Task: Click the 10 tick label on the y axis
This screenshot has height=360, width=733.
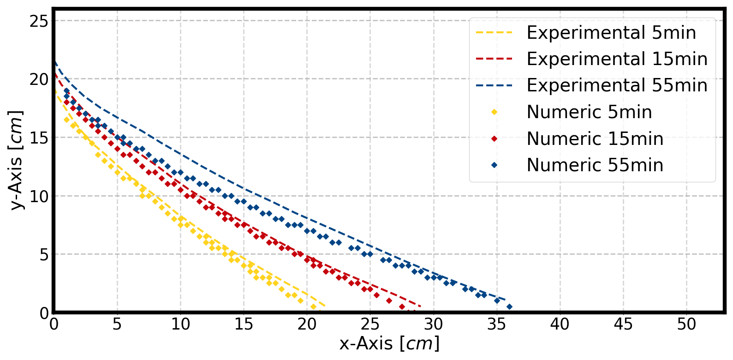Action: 39,196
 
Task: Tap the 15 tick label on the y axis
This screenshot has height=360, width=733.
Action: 39,138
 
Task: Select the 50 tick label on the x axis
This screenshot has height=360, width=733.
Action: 686,324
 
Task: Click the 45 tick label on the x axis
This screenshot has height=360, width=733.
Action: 623,324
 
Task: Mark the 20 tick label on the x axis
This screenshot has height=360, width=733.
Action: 307,324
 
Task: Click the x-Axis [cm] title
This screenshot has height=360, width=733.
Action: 389,344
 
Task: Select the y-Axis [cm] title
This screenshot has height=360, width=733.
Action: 17,160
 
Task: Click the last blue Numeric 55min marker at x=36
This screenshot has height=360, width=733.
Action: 509,307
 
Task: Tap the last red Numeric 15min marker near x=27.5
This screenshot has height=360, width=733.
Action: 402,307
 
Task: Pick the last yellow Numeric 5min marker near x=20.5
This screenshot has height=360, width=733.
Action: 313,307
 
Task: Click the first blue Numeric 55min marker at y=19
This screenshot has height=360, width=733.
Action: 66,91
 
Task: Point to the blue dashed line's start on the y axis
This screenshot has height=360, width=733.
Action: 54,61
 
